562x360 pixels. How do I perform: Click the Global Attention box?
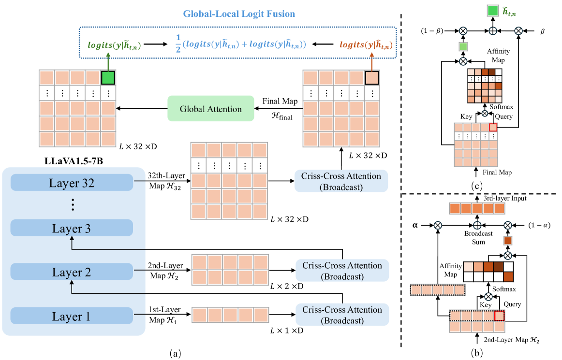point(211,109)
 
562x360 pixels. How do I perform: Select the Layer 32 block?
point(71,183)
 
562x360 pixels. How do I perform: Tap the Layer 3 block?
point(71,228)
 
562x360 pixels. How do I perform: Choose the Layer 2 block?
point(71,272)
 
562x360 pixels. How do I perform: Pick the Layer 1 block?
point(71,317)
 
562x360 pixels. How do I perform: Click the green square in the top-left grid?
point(108,78)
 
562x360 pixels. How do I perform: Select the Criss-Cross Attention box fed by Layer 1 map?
point(341,315)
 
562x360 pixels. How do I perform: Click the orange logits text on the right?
point(366,45)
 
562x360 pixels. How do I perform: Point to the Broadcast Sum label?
point(479,237)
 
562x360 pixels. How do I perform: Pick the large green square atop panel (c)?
point(493,11)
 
